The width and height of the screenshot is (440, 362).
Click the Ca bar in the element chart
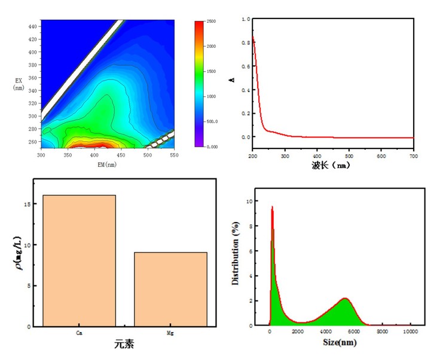[79, 260]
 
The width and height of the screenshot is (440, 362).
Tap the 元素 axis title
[126, 345]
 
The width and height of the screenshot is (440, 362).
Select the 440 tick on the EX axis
[32, 26]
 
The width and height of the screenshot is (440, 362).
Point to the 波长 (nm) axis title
[330, 165]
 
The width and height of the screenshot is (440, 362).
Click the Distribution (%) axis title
[236, 257]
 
